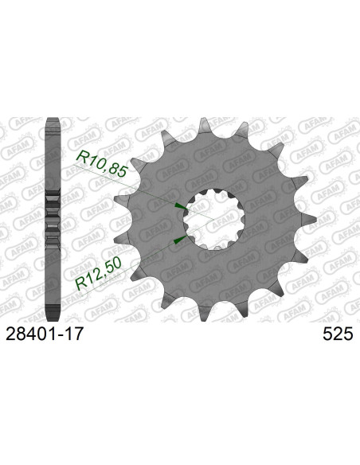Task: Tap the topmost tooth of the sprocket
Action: tap(205, 125)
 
